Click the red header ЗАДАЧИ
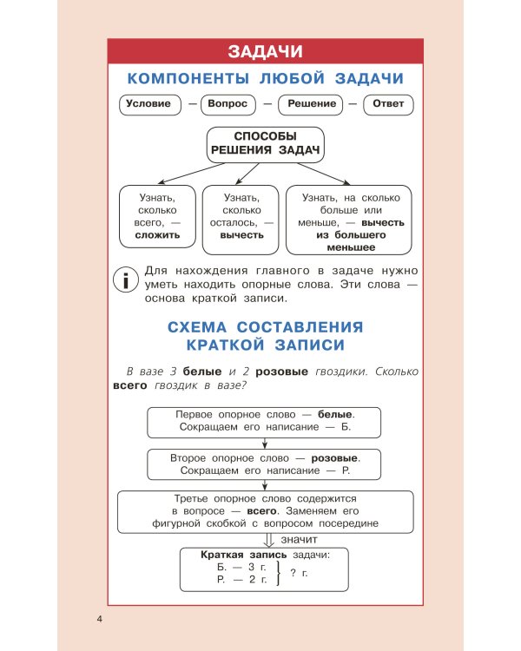(265, 51)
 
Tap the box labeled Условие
(148, 104)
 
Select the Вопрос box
(228, 104)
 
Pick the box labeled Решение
(307, 104)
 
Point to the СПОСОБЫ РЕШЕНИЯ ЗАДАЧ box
(265, 144)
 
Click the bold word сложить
(157, 234)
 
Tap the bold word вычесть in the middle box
(241, 234)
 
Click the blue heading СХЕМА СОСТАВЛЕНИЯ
(265, 327)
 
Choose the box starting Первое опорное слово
(265, 421)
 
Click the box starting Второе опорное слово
(265, 464)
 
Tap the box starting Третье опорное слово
(265, 511)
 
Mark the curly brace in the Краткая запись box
(277, 573)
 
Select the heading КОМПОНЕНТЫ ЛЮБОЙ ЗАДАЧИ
(265, 78)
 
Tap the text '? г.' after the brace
(299, 573)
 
